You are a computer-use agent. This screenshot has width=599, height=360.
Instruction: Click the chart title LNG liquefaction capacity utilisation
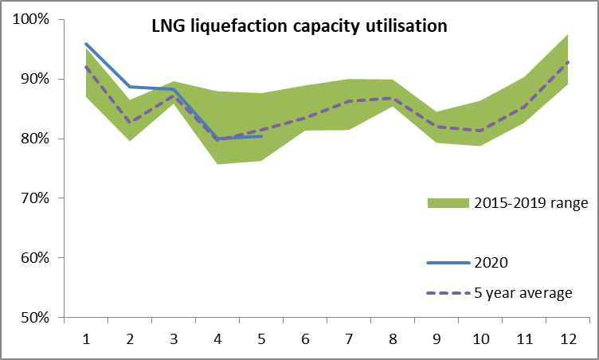click(x=299, y=26)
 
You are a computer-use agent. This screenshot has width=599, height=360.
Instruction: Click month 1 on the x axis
click(x=85, y=338)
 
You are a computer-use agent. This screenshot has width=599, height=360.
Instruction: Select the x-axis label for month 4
click(x=217, y=338)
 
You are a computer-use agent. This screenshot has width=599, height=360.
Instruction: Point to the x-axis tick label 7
click(x=350, y=338)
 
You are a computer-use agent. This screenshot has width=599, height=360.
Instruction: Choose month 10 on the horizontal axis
click(x=482, y=338)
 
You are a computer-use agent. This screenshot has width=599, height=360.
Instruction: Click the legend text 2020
click(x=491, y=261)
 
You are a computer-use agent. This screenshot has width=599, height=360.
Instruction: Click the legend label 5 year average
click(x=523, y=292)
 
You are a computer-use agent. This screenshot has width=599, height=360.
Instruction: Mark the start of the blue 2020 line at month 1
click(x=85, y=44)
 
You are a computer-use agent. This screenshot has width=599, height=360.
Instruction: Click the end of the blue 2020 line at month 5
click(x=261, y=136)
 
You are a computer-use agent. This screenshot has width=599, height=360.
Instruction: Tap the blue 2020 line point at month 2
click(x=129, y=87)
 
